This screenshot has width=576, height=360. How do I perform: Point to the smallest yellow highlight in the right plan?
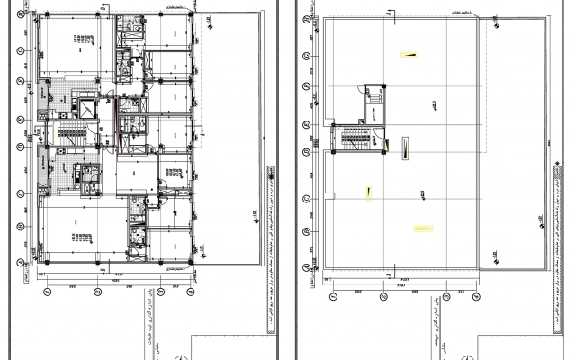tap(368, 191)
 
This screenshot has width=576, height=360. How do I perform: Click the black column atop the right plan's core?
tap(384, 87)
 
